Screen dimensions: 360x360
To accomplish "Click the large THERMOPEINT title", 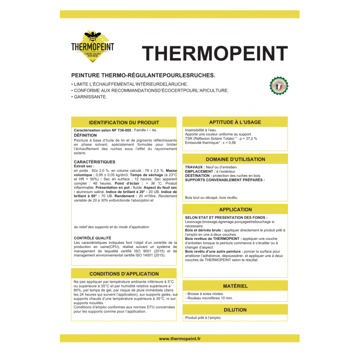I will pyautogui.click(x=215, y=53).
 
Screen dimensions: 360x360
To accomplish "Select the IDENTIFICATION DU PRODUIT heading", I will pyautogui.click(x=124, y=122).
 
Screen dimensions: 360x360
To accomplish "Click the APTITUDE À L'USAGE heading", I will pyautogui.click(x=235, y=122).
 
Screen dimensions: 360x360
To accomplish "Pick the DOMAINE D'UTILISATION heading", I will pyautogui.click(x=235, y=159).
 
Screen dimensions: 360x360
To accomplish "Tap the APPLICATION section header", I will pyautogui.click(x=235, y=210).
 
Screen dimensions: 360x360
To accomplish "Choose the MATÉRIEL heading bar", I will pyautogui.click(x=235, y=286).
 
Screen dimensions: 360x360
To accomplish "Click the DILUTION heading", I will pyautogui.click(x=235, y=310).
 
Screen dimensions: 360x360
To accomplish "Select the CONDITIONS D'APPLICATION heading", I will pyautogui.click(x=124, y=274).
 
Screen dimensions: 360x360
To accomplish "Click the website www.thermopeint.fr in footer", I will pyautogui.click(x=180, y=338).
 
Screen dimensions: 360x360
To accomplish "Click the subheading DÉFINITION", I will pyautogui.click(x=85, y=135).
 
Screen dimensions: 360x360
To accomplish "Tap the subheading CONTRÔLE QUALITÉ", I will pyautogui.click(x=92, y=238).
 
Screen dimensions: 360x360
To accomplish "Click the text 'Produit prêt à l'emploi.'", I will pyautogui.click(x=203, y=318).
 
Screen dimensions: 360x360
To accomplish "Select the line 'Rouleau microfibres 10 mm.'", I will pyautogui.click(x=210, y=298).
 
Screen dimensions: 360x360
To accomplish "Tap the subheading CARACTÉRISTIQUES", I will pyautogui.click(x=94, y=162).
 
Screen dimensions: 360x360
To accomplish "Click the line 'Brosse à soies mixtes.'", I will pyautogui.click(x=205, y=293).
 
